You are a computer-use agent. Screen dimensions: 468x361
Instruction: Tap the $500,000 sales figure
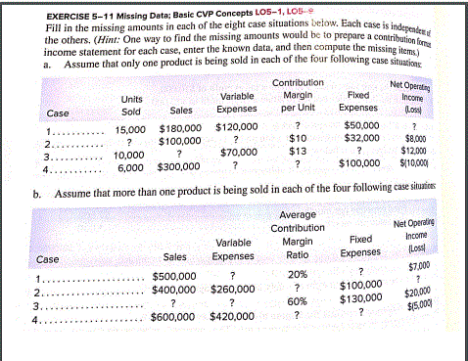coord(174,277)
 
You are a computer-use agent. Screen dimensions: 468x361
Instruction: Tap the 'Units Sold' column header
coord(130,105)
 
